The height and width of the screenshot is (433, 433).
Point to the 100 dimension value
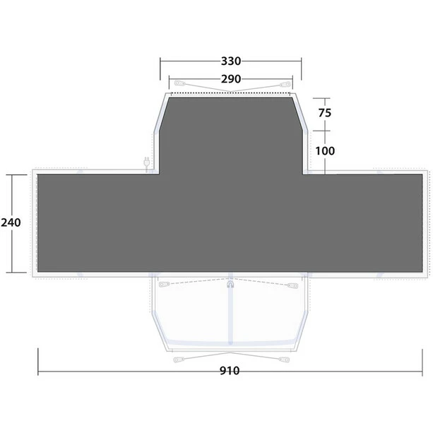pos(326,150)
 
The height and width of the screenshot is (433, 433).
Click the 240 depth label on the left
pos(11,223)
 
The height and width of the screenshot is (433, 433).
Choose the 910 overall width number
pos(230,370)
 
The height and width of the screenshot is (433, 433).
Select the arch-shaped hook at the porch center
pos(230,285)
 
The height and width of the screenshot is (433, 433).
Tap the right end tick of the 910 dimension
pos(424,370)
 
